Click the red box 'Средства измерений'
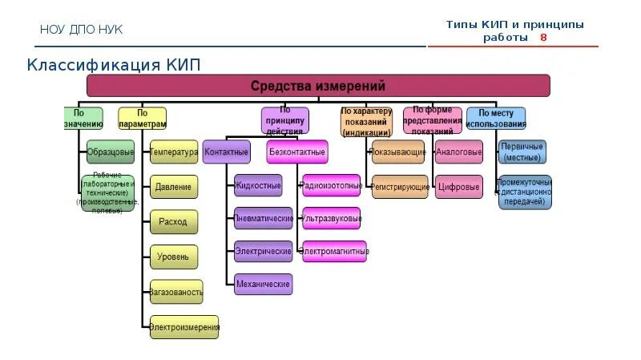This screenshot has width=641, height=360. [318, 86]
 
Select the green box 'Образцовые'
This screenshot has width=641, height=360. [111, 152]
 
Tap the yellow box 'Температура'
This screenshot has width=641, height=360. [173, 152]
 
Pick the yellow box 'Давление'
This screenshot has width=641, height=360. [173, 187]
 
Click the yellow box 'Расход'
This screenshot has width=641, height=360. [173, 222]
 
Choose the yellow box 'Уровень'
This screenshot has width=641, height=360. [173, 257]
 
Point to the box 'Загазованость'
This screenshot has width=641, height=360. [176, 292]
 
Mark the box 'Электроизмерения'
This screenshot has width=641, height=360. [184, 327]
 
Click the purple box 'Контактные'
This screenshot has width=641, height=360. [227, 152]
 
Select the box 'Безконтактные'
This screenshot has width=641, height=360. [296, 152]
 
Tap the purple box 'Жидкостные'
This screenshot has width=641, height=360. [258, 186]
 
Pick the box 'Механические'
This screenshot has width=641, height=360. [264, 284]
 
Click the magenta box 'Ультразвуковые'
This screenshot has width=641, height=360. [332, 218]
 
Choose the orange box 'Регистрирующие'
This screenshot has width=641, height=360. [399, 187]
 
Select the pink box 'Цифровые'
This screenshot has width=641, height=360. [459, 187]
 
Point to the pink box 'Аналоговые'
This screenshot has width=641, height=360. [459, 152]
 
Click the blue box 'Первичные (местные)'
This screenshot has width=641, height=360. [522, 152]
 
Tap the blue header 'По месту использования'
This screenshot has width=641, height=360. [496, 119]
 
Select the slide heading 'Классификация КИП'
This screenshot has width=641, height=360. [114, 64]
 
